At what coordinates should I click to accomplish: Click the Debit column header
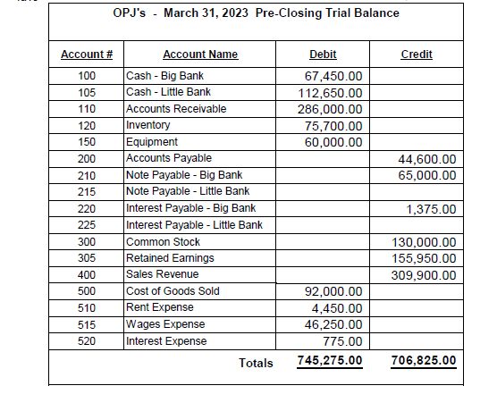click(x=322, y=55)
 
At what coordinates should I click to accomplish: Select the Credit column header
click(x=417, y=55)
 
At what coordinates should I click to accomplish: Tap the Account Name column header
click(x=200, y=55)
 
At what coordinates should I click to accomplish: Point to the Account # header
click(x=86, y=55)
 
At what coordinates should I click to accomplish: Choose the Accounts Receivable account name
click(x=177, y=109)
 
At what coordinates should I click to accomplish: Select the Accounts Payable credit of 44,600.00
click(x=426, y=159)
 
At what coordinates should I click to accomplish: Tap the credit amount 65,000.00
click(x=426, y=175)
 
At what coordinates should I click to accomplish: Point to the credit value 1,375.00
click(x=431, y=208)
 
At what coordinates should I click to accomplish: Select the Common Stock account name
click(x=163, y=241)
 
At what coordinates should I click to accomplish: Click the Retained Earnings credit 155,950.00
click(x=425, y=258)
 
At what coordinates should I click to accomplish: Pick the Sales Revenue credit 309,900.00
click(x=425, y=274)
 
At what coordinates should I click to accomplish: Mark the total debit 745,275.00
click(x=329, y=361)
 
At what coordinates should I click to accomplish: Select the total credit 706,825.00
click(x=424, y=361)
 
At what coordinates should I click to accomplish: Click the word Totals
click(x=256, y=363)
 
